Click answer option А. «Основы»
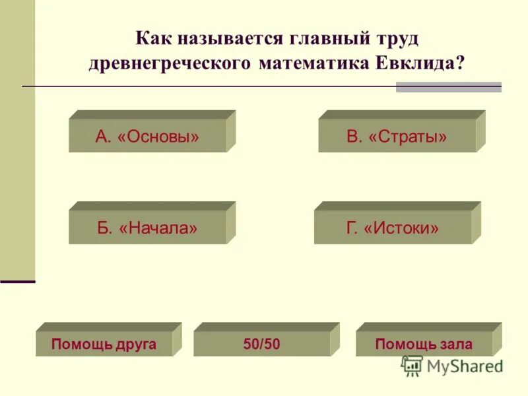[147, 136]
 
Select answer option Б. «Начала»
[147, 228]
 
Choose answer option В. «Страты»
[397, 136]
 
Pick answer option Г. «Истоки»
[393, 228]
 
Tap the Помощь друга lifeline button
[104, 344]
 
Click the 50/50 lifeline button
[261, 344]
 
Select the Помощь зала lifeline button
[424, 344]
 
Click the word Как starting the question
[152, 38]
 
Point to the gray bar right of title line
[448, 86]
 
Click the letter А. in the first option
[103, 137]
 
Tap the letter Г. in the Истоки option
[352, 228]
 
